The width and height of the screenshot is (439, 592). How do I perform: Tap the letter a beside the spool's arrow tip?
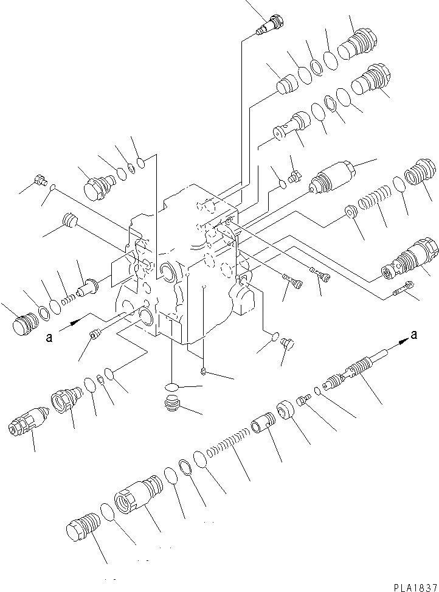[x=415, y=333]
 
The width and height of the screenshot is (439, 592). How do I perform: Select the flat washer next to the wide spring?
[x=351, y=212]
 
